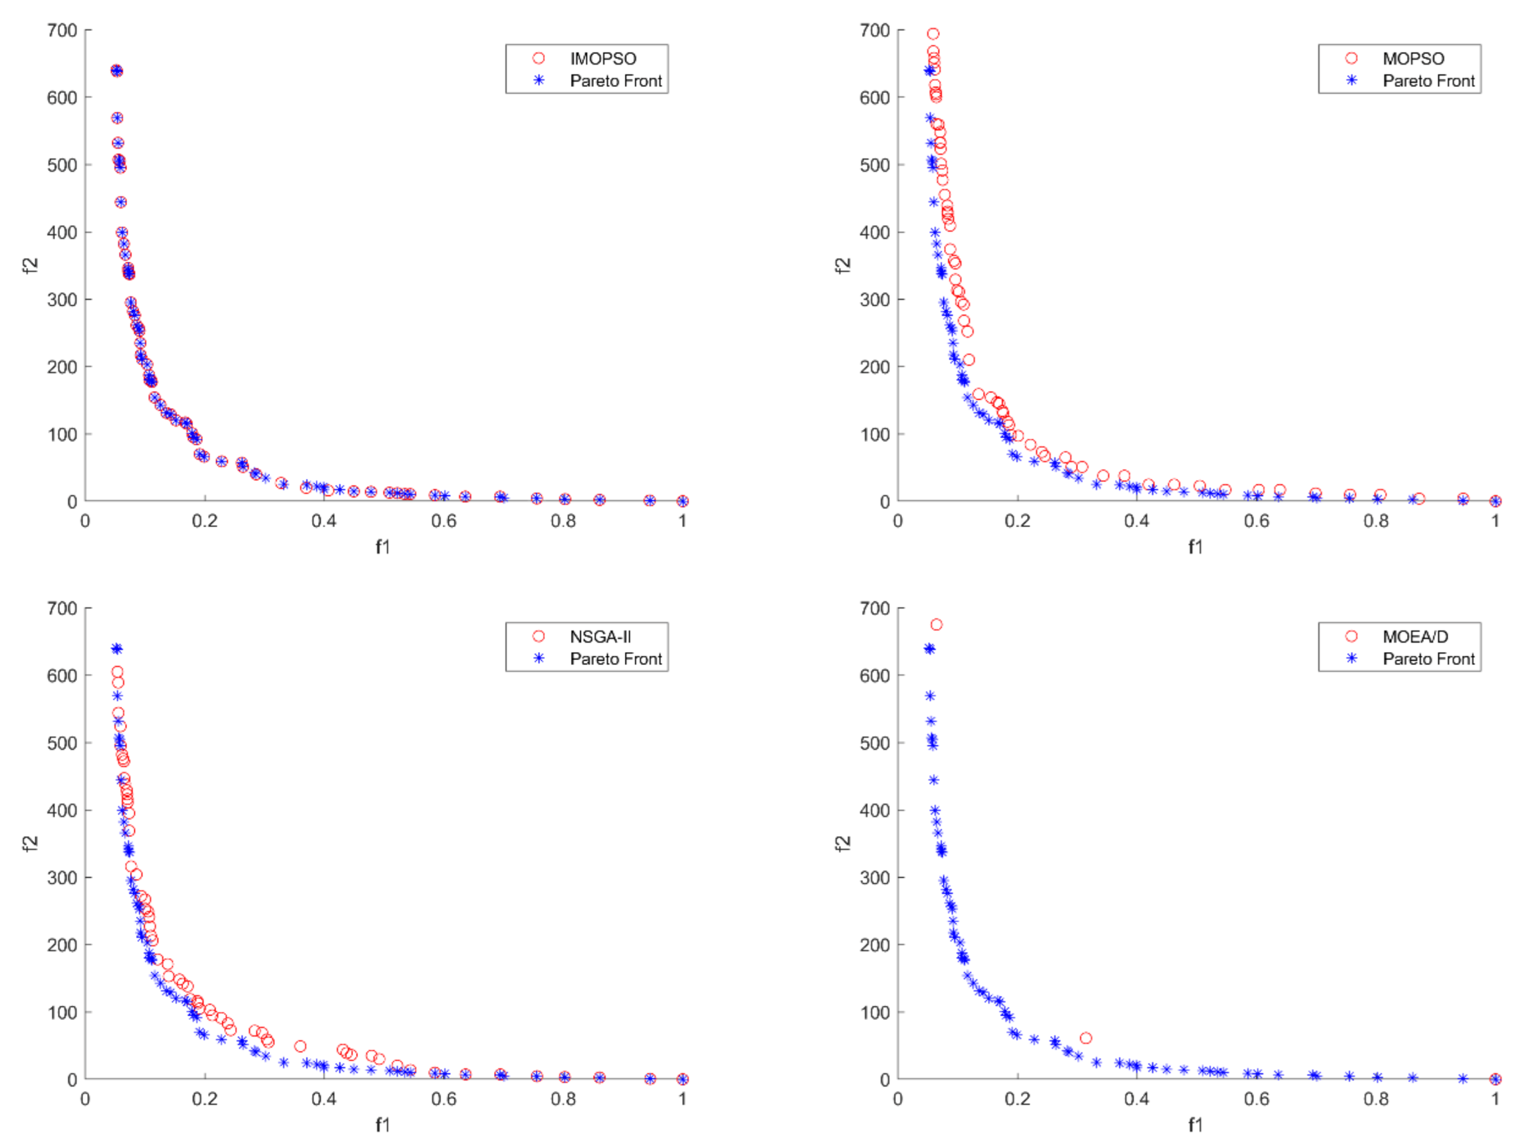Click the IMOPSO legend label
tap(603, 59)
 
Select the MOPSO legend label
tap(1413, 59)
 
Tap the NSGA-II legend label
tap(600, 637)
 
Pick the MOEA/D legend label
tap(1415, 637)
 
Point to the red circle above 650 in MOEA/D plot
tap(936, 624)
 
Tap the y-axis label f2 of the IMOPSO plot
tap(30, 265)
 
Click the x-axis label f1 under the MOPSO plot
tap(1195, 547)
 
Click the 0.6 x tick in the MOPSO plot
tap(1256, 521)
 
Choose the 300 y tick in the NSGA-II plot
tap(62, 878)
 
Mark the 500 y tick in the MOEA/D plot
tap(875, 743)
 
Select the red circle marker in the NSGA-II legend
tap(539, 636)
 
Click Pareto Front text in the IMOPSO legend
tap(616, 81)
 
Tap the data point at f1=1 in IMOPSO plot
tap(682, 501)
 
